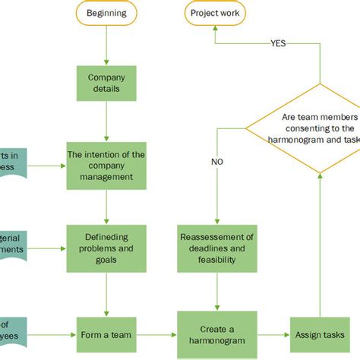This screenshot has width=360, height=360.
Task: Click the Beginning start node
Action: pos(106,13)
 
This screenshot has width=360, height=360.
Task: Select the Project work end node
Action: pos(214,13)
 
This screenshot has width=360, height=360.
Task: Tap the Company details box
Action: pos(106,84)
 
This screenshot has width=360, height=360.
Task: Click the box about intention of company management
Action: pos(106,165)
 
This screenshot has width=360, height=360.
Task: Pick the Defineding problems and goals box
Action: pos(106,248)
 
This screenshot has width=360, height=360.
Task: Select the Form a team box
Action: pos(106,335)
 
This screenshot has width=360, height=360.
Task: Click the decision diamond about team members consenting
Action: pos(319,128)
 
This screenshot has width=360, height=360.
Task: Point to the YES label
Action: pos(279,43)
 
